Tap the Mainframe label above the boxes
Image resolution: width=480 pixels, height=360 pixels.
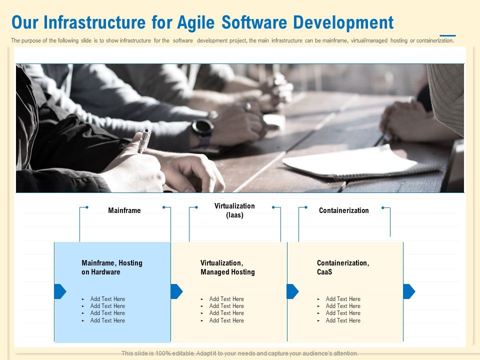(124, 210)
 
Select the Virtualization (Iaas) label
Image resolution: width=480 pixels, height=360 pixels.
(234, 210)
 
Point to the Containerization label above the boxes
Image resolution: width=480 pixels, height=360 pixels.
(343, 210)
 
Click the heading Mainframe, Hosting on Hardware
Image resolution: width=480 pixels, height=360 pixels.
(112, 267)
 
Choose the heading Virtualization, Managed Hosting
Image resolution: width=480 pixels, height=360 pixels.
(227, 267)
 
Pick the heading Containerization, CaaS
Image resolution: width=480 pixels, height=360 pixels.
(343, 267)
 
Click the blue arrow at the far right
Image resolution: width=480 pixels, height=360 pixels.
(408, 291)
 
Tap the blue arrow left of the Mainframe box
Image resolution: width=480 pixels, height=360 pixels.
(60, 291)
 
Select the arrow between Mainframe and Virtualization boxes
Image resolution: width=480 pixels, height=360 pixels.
(176, 291)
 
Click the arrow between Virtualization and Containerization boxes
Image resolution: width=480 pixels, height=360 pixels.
(292, 291)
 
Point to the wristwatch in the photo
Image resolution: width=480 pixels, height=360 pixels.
(202, 128)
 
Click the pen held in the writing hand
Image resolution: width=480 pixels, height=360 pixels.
(143, 141)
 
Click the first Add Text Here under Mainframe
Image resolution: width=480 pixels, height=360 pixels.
(107, 299)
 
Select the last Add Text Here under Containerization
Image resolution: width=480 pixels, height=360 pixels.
(343, 320)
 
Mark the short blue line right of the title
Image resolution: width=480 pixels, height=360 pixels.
(447, 36)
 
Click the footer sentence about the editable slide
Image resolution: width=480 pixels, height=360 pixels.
(240, 353)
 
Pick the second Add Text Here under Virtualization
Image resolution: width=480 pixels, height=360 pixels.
(226, 306)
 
